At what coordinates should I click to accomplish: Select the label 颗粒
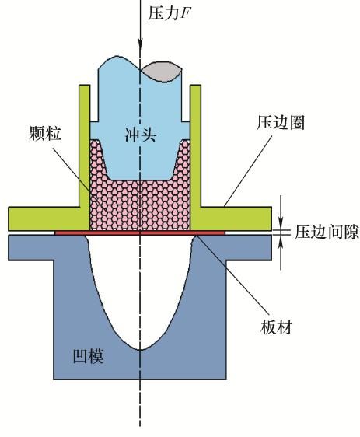45,133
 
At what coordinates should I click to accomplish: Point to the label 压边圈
281,122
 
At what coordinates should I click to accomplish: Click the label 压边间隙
327,232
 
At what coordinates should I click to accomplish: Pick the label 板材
276,327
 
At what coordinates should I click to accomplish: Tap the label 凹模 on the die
88,356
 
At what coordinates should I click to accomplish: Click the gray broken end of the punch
163,72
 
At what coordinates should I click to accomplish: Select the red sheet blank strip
140,232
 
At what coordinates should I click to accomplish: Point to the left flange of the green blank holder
49,218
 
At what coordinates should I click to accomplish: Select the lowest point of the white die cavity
140,349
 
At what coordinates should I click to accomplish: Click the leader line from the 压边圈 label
248,171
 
